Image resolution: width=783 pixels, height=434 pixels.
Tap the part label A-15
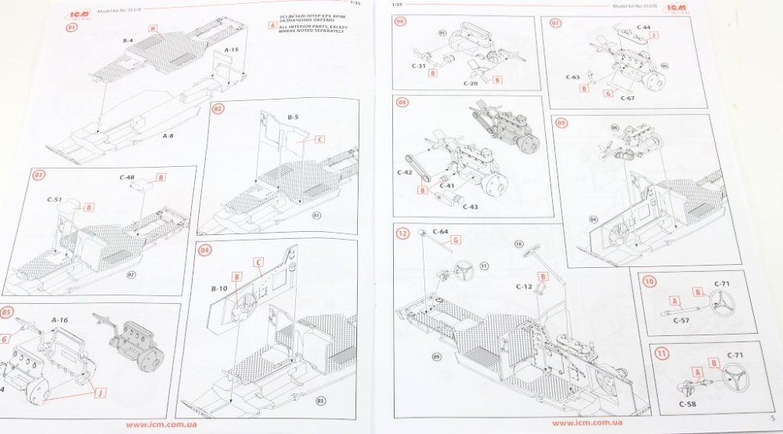(x=232, y=49)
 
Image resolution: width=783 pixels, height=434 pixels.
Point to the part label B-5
(x=294, y=118)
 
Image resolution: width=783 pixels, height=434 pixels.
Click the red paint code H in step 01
(x=153, y=29)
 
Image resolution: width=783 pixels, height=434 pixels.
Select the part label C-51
(x=54, y=200)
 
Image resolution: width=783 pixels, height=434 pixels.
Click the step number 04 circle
(x=205, y=251)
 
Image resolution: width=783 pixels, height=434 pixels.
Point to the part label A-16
(x=60, y=320)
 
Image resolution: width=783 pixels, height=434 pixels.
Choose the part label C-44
(x=643, y=27)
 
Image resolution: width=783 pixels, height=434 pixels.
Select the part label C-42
(x=404, y=172)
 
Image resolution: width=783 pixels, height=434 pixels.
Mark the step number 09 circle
(x=562, y=122)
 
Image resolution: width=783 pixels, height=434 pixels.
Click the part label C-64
(x=440, y=232)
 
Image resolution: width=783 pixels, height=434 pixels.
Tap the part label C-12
(x=524, y=287)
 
